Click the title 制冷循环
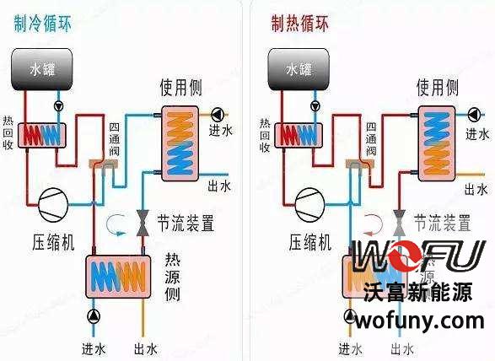(x=43, y=23)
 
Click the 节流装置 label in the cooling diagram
(x=185, y=224)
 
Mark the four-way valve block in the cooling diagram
(x=100, y=167)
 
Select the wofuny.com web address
(x=419, y=321)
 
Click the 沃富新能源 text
(x=420, y=291)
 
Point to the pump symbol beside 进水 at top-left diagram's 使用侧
(x=218, y=114)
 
